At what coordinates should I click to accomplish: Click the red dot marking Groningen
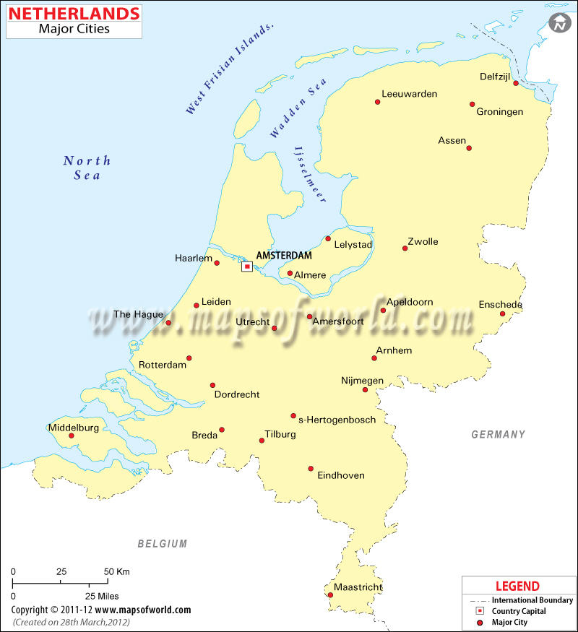pyautogui.click(x=473, y=104)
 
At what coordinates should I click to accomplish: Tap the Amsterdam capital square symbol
pyautogui.click(x=247, y=267)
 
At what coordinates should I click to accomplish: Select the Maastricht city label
pyautogui.click(x=358, y=587)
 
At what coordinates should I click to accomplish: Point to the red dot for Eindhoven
pyautogui.click(x=311, y=468)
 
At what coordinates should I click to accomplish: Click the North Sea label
pyautogui.click(x=87, y=168)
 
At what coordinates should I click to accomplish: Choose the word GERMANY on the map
pyautogui.click(x=499, y=434)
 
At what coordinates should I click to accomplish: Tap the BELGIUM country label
pyautogui.click(x=163, y=544)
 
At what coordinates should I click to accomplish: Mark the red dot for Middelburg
pyautogui.click(x=72, y=435)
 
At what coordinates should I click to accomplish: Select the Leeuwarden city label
pyautogui.click(x=410, y=94)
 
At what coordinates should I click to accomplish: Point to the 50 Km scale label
pyautogui.click(x=117, y=571)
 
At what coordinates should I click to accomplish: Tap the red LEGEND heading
pyautogui.click(x=517, y=586)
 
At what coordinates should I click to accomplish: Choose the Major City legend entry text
pyautogui.click(x=510, y=622)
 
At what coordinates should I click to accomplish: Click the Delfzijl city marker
pyautogui.click(x=516, y=83)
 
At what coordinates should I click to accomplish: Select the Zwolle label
pyautogui.click(x=423, y=241)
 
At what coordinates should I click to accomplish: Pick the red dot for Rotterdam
pyautogui.click(x=189, y=358)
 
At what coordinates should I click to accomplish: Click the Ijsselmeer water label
pyautogui.click(x=310, y=175)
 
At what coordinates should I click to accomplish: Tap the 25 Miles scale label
pyautogui.click(x=101, y=596)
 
